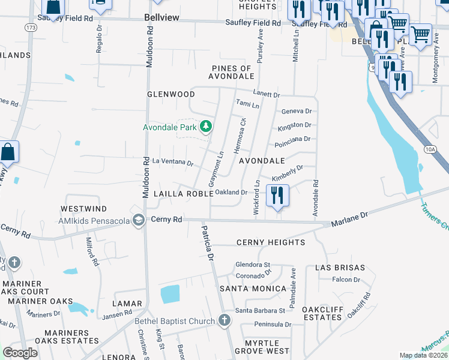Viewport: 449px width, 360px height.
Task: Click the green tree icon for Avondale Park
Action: pos(206,126)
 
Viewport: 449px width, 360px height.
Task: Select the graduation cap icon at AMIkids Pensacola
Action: pos(139,220)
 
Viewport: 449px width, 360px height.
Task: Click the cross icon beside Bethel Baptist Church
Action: pos(224,320)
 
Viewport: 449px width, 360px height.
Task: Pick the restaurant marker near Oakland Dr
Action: pos(277,196)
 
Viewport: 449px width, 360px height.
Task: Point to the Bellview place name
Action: pos(162,18)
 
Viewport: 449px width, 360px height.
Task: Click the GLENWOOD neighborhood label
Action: pos(171,95)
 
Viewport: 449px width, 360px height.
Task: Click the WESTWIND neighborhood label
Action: pos(83,209)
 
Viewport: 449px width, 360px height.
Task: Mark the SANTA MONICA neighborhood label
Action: pos(253,289)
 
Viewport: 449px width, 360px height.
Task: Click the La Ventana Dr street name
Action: pos(173,163)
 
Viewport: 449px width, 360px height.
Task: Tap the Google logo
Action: pos(20,352)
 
